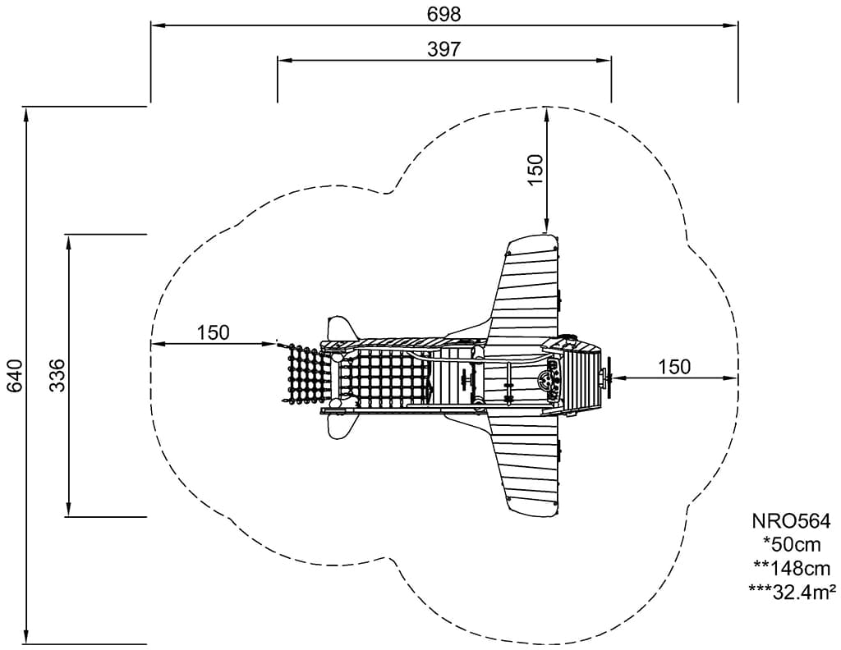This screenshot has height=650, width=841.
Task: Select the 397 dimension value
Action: tap(443, 48)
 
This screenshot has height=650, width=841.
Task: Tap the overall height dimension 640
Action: tap(15, 375)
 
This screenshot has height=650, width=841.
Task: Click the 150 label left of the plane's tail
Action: tap(213, 332)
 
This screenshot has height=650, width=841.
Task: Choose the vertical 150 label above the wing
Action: tap(535, 169)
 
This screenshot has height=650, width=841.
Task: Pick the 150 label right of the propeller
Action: tap(674, 367)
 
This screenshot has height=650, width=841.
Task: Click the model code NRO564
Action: tap(791, 521)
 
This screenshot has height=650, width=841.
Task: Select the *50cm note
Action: tap(792, 544)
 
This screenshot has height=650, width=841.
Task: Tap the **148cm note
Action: tap(792, 568)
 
